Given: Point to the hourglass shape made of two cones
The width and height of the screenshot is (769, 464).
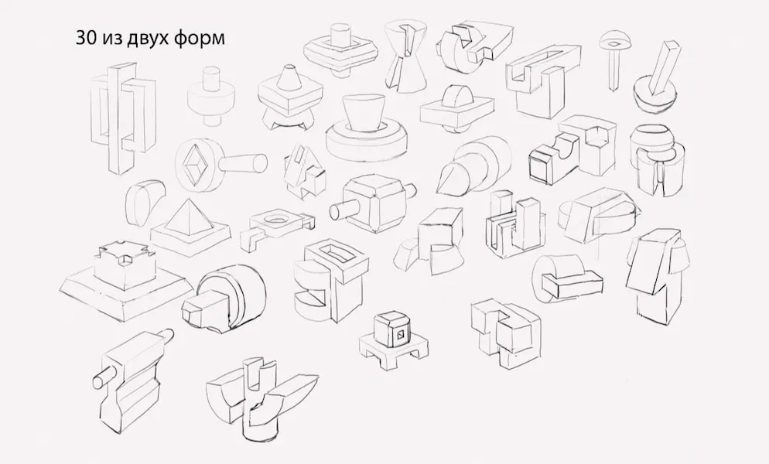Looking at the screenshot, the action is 405,56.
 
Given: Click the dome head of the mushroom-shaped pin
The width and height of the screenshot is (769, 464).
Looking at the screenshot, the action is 615,39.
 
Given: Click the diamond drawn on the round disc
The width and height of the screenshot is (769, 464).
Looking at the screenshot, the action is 193,165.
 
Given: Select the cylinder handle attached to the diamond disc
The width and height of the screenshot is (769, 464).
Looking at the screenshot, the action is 242,162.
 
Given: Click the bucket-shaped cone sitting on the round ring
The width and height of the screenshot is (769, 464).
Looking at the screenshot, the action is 362,114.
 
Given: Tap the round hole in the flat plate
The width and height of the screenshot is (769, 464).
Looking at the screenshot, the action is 276,218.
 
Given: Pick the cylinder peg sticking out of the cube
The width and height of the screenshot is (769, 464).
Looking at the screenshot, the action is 343,210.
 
